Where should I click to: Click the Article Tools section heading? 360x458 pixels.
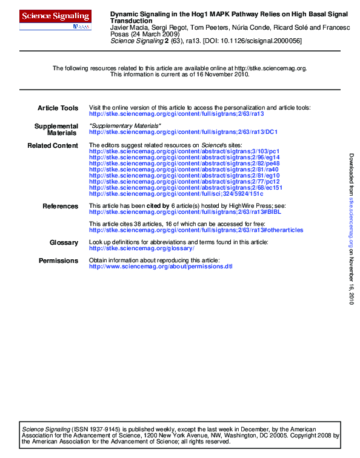click(x=58, y=108)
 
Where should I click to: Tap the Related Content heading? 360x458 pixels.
click(x=53, y=145)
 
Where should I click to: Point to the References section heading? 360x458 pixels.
click(x=60, y=207)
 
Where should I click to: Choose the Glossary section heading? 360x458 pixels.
click(x=64, y=243)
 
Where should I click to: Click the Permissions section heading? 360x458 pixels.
click(x=58, y=261)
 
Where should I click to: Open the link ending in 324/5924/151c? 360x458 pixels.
click(x=176, y=194)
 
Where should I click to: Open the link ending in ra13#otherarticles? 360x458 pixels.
click(x=196, y=230)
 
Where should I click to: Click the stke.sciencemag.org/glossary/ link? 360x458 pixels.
click(x=141, y=248)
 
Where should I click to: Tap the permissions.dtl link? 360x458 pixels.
click(x=161, y=267)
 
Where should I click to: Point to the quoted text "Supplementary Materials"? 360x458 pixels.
click(x=125, y=125)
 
